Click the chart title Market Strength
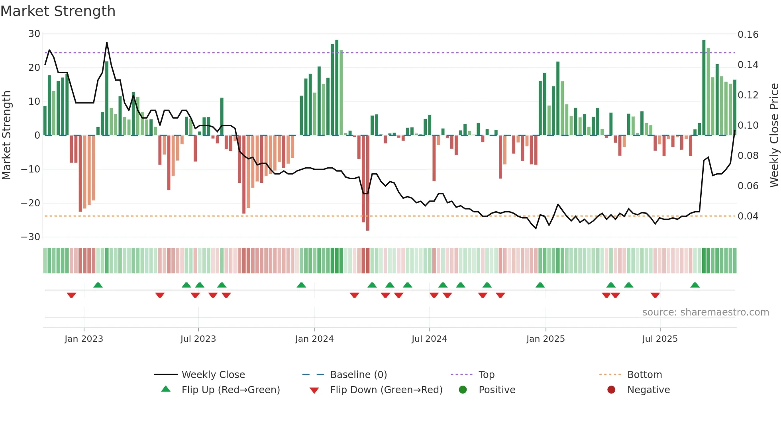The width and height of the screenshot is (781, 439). coord(58,11)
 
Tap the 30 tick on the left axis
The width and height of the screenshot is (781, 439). coord(34,34)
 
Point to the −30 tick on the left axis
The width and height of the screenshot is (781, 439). coord(31,237)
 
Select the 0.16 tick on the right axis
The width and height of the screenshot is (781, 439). coord(748,35)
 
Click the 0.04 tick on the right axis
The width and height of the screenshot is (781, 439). coord(748,216)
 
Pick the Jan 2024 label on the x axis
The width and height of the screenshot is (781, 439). coord(314,339)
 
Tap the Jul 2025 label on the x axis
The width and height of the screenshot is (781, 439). coord(660,339)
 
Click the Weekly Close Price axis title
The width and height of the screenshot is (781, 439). coord(774,135)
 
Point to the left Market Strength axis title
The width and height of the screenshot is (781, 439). coord(6,135)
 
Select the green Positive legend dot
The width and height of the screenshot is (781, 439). coord(463,390)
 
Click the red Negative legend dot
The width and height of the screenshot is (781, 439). coord(611,390)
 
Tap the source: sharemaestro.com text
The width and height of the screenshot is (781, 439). coord(705,312)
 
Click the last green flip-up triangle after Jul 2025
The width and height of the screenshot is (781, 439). coord(695,285)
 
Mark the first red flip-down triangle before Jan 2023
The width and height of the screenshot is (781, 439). coord(71,295)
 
